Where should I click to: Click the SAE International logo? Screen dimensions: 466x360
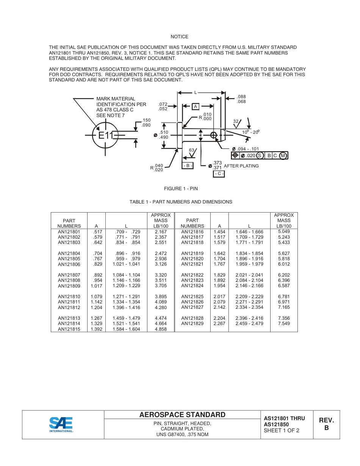pos(61,424)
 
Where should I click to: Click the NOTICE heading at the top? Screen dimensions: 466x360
pos(179,37)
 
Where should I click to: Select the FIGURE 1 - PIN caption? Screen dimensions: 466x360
pos(181,189)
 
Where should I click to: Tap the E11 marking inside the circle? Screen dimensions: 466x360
pos(106,135)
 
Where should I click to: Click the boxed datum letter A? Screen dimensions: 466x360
pos(196,106)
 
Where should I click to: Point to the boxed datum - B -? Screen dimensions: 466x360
pos(188,166)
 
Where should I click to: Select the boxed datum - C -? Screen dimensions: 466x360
pos(219,174)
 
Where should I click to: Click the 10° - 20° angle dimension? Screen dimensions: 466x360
pos(250,132)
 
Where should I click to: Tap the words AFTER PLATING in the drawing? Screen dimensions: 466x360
pos(241,166)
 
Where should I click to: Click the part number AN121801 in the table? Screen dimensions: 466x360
pos(69,231)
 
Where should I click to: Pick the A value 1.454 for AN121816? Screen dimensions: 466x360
pos(219,231)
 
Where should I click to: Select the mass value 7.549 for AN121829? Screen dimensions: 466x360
pos(284,324)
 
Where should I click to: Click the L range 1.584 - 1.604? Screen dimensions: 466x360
pos(126,329)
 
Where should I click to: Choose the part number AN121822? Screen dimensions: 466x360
pos(192,275)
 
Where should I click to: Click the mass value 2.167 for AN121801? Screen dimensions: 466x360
pos(161,231)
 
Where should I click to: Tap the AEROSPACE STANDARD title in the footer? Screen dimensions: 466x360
pos(182,415)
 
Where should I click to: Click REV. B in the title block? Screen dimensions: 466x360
pos(326,424)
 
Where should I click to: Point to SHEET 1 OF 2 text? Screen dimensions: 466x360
pos(282,430)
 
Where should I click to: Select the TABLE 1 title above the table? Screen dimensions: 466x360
pos(181,202)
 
